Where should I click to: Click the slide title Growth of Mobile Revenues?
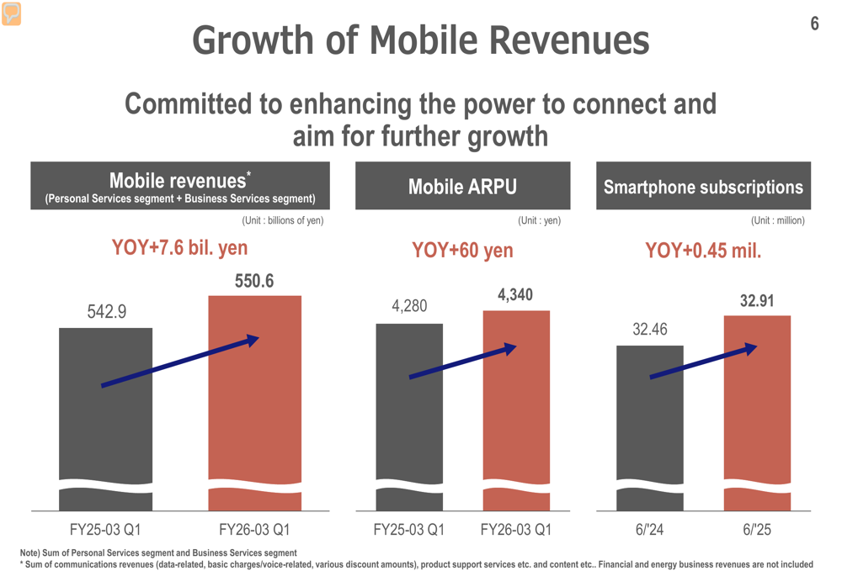click(x=420, y=40)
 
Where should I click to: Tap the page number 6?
click(x=814, y=24)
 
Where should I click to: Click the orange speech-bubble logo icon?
click(x=11, y=13)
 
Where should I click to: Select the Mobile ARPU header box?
click(x=462, y=186)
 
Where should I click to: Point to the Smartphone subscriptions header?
click(x=703, y=186)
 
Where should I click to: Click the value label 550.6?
click(x=254, y=281)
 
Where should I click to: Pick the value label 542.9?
click(x=106, y=312)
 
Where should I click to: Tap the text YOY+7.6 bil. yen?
click(x=179, y=248)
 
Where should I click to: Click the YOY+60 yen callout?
click(x=462, y=250)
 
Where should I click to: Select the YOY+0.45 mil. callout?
click(x=703, y=250)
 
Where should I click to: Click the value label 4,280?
click(x=409, y=306)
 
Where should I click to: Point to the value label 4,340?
click(x=515, y=295)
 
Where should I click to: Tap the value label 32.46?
click(x=650, y=330)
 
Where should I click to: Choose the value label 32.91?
click(x=757, y=300)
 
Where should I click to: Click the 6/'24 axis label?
click(x=650, y=530)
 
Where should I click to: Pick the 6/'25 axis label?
click(x=757, y=530)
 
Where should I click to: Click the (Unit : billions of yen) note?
click(x=282, y=220)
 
